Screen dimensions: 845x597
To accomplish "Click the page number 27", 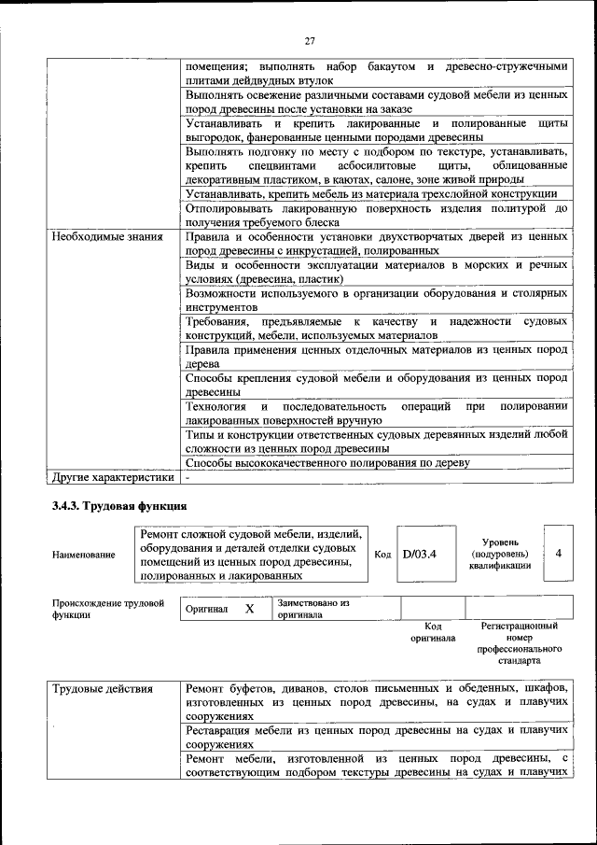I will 310,40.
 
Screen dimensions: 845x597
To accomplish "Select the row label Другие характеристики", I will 113,477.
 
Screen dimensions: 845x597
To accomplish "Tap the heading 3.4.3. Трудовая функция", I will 119,506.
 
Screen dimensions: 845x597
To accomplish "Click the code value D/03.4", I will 419,554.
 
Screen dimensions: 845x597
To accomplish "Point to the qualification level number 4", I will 558,553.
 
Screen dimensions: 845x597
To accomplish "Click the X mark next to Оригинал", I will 249,609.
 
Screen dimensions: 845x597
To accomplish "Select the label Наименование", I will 85,555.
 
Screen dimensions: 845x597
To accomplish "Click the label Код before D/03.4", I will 382,554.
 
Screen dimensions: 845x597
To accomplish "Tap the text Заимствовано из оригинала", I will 312,609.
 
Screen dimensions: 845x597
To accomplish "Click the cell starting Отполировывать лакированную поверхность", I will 376,215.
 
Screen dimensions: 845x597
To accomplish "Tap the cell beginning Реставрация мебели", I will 376,737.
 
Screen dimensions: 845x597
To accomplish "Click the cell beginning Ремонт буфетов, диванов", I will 376,702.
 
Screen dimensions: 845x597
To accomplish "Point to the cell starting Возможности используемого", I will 376,299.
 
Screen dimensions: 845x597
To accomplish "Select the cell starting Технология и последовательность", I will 376,415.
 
